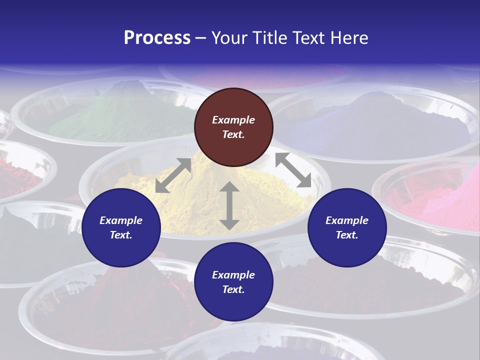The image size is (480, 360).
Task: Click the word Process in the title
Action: (x=157, y=38)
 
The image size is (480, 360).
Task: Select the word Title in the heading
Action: (x=268, y=38)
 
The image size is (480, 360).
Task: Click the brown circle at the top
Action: (x=233, y=127)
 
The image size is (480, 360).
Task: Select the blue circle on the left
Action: (x=121, y=227)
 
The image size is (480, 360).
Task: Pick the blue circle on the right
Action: (x=347, y=227)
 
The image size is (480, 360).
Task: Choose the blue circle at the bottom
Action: (x=233, y=282)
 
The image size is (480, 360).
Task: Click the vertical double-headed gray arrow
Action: (x=229, y=205)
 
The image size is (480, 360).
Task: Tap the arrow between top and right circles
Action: (x=293, y=170)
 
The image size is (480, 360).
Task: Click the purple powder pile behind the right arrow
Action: (x=380, y=125)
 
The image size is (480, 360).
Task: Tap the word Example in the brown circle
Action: (x=233, y=120)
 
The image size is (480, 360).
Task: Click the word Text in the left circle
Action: (x=121, y=235)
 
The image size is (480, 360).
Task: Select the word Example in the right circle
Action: (x=347, y=220)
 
